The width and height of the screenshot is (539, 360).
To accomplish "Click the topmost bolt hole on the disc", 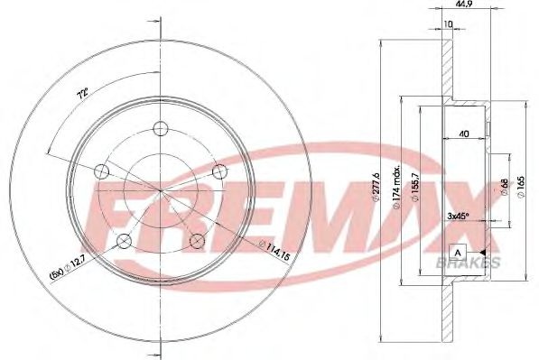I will click(x=160, y=127).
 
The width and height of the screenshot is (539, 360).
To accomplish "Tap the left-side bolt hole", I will click(x=101, y=171).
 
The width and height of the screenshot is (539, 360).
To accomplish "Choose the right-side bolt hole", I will click(x=218, y=170).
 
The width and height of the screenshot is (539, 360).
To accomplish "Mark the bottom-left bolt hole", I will click(x=124, y=240).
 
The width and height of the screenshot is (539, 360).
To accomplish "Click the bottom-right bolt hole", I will click(x=196, y=239).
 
